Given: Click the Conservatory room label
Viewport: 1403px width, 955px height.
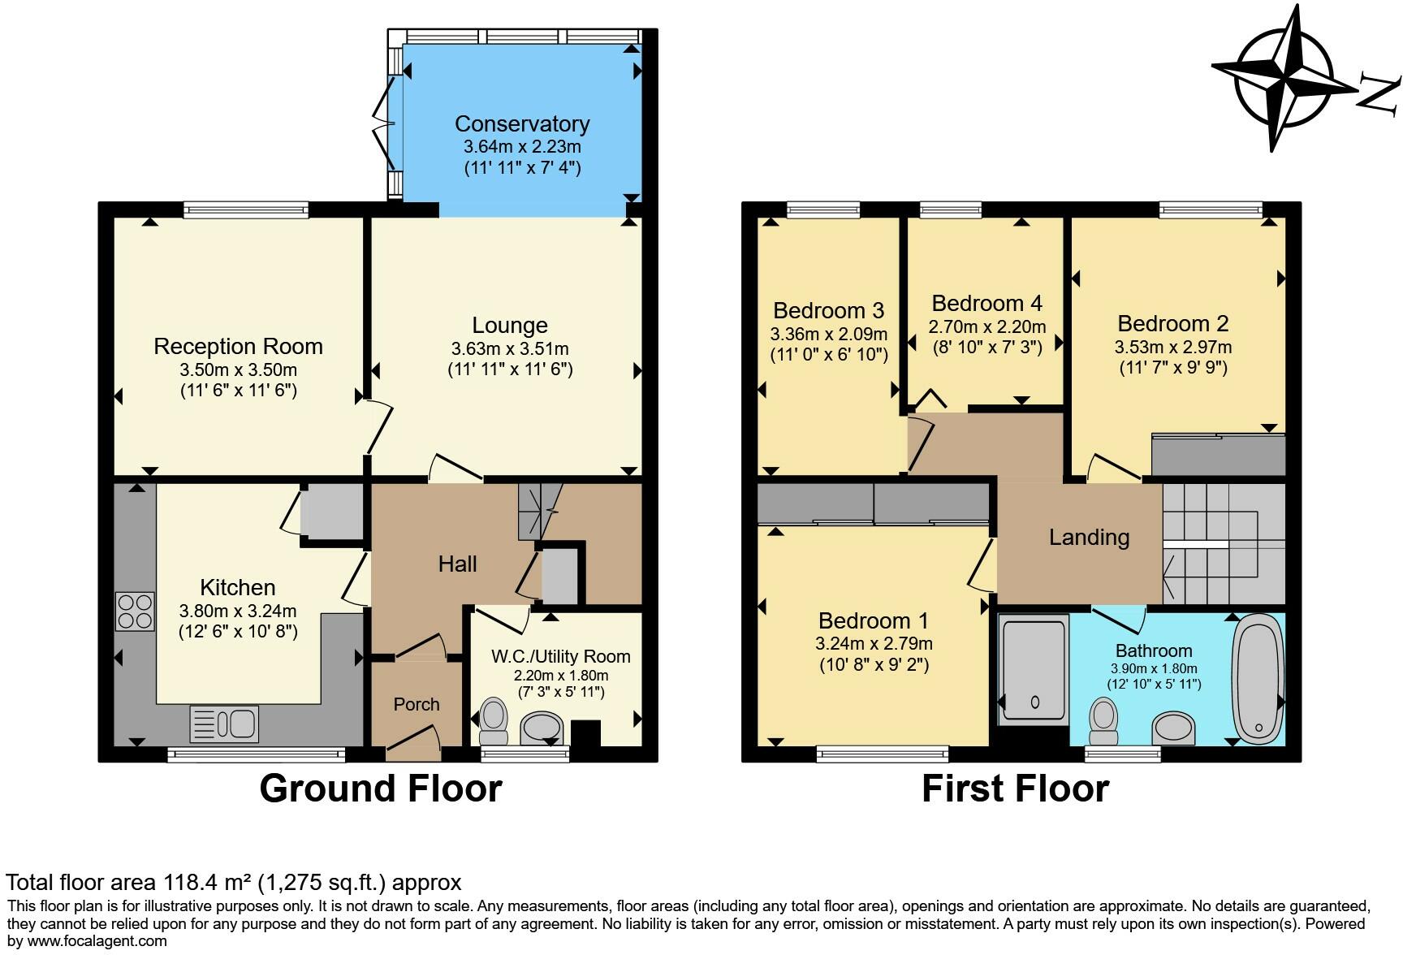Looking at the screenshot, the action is tap(522, 124).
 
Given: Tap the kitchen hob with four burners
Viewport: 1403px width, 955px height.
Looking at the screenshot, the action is tap(136, 611).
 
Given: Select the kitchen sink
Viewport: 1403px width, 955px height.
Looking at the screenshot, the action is tap(224, 724).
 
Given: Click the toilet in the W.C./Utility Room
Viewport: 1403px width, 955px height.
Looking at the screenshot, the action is tap(492, 722).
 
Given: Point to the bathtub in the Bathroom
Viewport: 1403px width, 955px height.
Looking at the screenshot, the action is tap(1258, 679).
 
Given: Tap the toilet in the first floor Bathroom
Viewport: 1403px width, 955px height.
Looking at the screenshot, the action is tap(1103, 722).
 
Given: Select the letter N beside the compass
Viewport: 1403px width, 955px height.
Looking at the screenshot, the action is tap(1380, 92).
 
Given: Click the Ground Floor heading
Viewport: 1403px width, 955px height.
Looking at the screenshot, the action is tap(381, 789).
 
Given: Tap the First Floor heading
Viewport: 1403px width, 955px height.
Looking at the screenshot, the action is tap(1015, 789).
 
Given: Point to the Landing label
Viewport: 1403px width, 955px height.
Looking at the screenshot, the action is tap(1089, 538).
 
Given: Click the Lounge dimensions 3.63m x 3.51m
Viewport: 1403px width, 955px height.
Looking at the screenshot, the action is tap(510, 349).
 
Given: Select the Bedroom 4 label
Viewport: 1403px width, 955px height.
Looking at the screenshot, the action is tap(986, 304).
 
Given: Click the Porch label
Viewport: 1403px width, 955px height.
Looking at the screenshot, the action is tap(417, 704).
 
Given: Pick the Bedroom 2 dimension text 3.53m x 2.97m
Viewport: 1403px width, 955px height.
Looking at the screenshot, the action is tap(1173, 348).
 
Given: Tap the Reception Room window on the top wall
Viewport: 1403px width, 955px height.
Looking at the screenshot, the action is tap(247, 210).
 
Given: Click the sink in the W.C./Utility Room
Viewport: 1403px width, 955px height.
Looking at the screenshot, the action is tap(542, 728).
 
